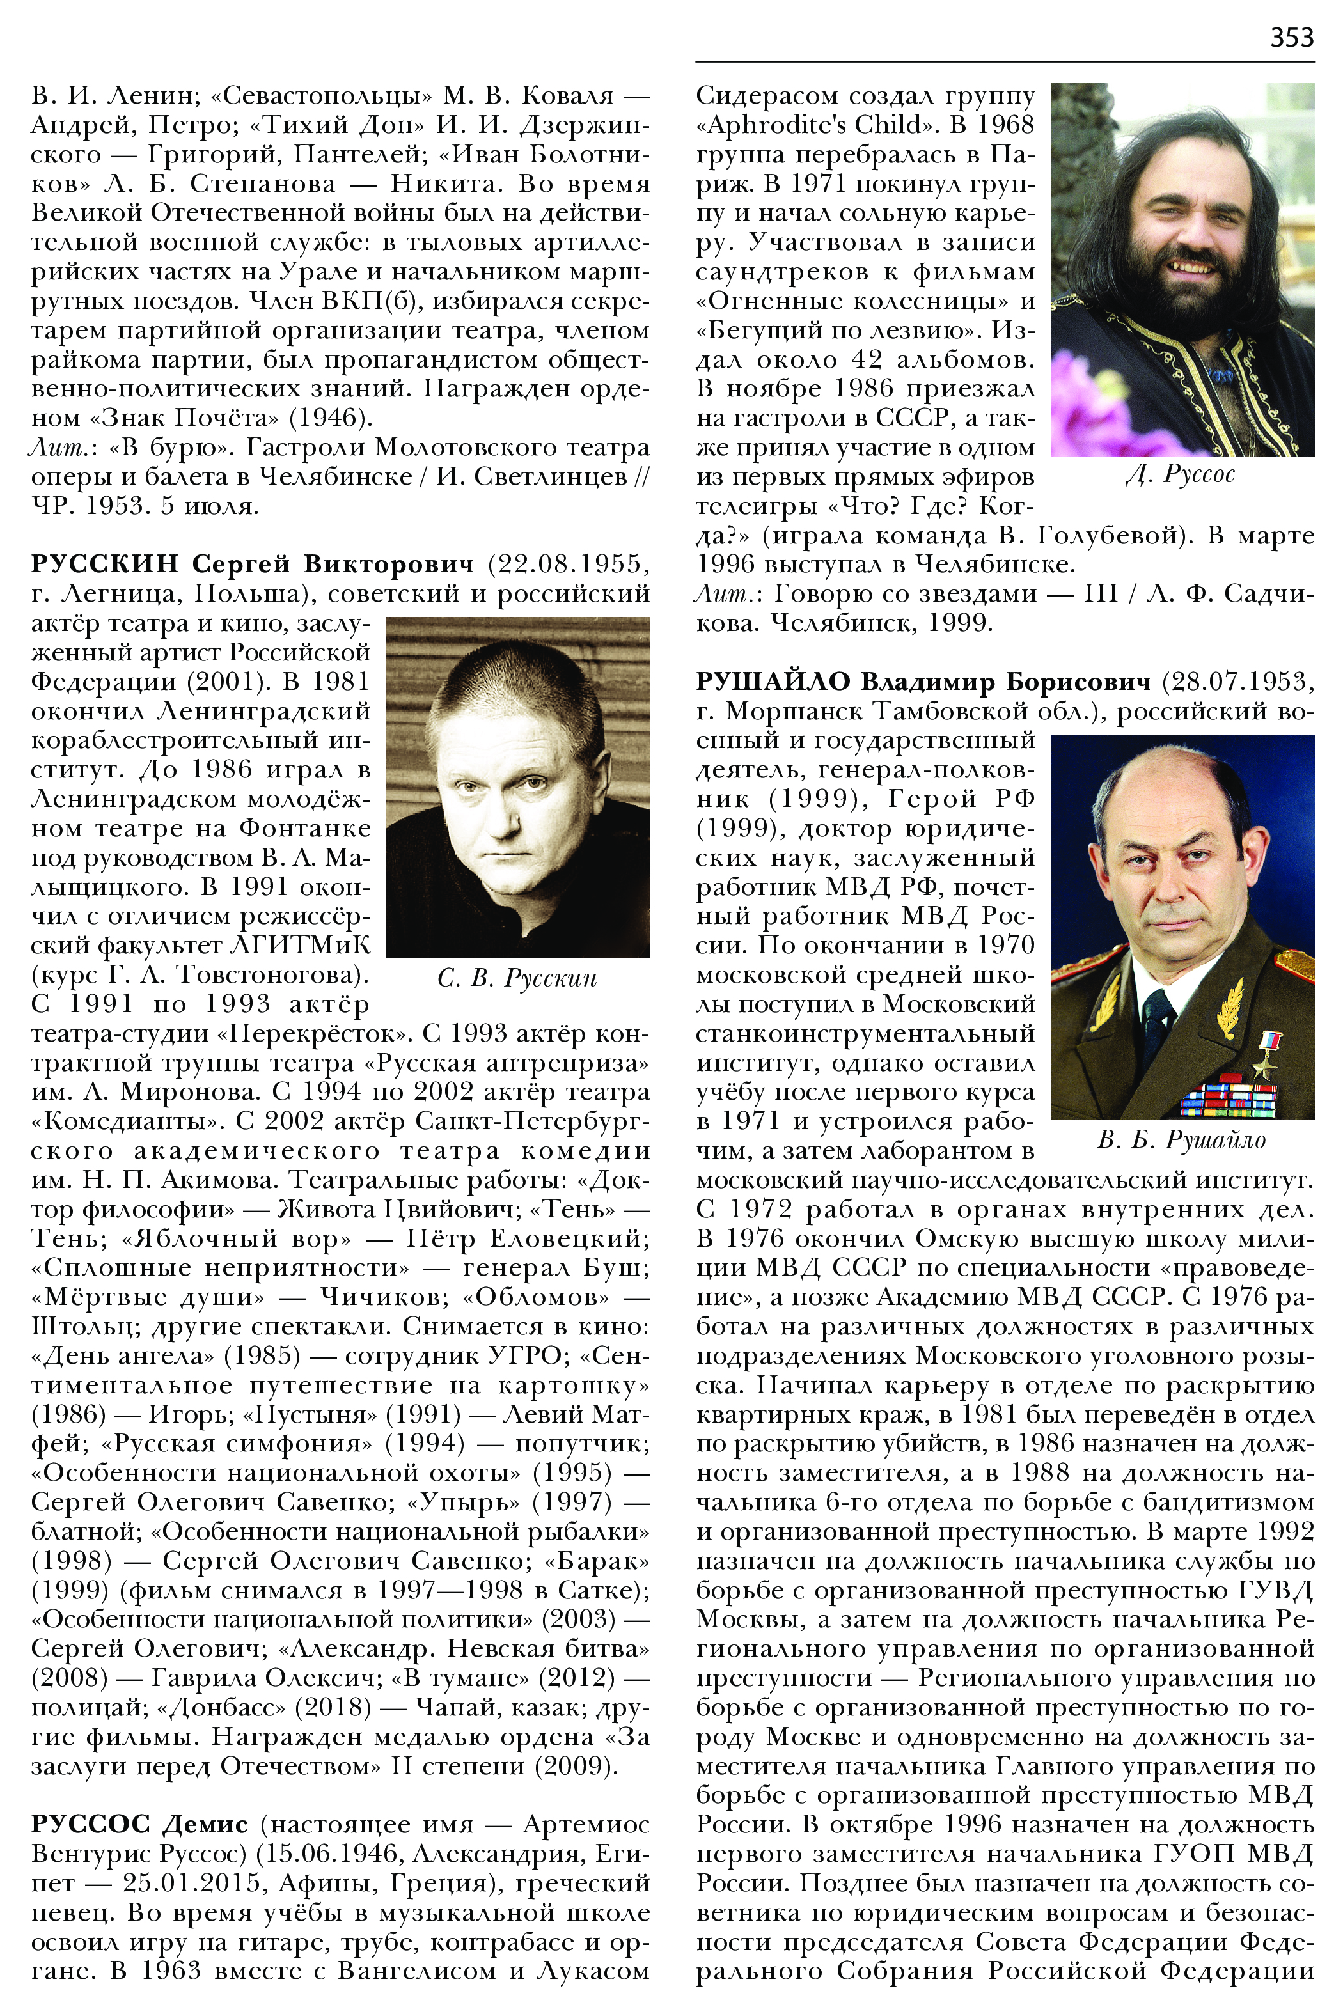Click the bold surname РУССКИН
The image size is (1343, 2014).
coord(104,565)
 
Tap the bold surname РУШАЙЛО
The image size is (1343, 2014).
coord(773,682)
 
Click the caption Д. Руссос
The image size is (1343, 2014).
coord(1181,474)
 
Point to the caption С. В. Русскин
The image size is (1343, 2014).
coord(517,977)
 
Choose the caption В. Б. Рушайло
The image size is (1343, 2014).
coord(1181,1140)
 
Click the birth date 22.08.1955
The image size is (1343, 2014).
coord(567,565)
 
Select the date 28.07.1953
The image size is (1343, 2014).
coord(1235,682)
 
